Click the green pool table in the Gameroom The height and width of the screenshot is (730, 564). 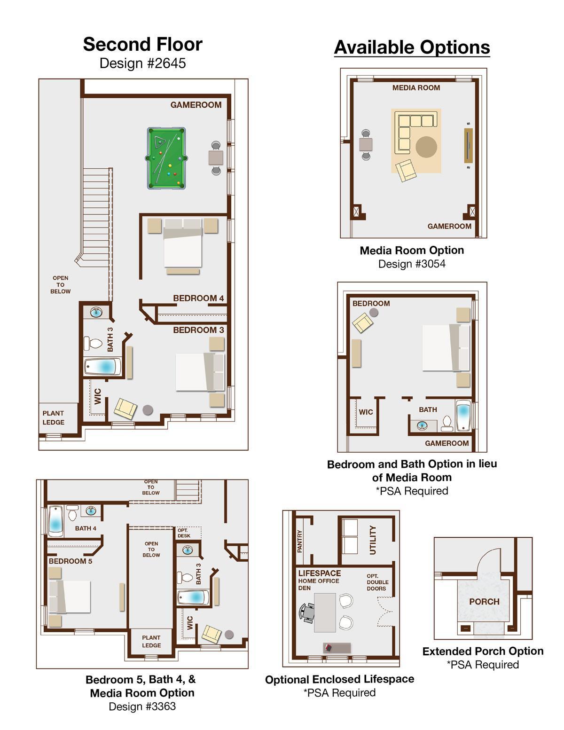(166, 158)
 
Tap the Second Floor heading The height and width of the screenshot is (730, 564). (143, 44)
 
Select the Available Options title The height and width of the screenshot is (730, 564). (412, 47)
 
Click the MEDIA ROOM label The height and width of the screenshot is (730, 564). (416, 88)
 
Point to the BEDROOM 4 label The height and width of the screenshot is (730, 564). (198, 298)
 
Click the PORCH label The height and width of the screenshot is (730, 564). (484, 601)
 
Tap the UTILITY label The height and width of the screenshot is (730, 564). (373, 540)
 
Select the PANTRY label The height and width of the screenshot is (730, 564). (300, 541)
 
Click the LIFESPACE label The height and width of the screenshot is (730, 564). (320, 573)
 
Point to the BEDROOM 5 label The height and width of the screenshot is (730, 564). (70, 561)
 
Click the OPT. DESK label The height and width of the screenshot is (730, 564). (184, 533)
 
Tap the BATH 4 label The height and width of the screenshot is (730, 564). (86, 528)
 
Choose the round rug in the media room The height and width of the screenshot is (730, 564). (426, 147)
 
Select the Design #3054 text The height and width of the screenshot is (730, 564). (412, 264)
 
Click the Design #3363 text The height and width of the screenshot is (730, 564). (142, 706)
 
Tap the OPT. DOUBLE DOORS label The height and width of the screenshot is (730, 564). (377, 582)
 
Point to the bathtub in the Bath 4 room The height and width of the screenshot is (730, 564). (55, 521)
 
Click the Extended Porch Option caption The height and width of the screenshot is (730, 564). (483, 651)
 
